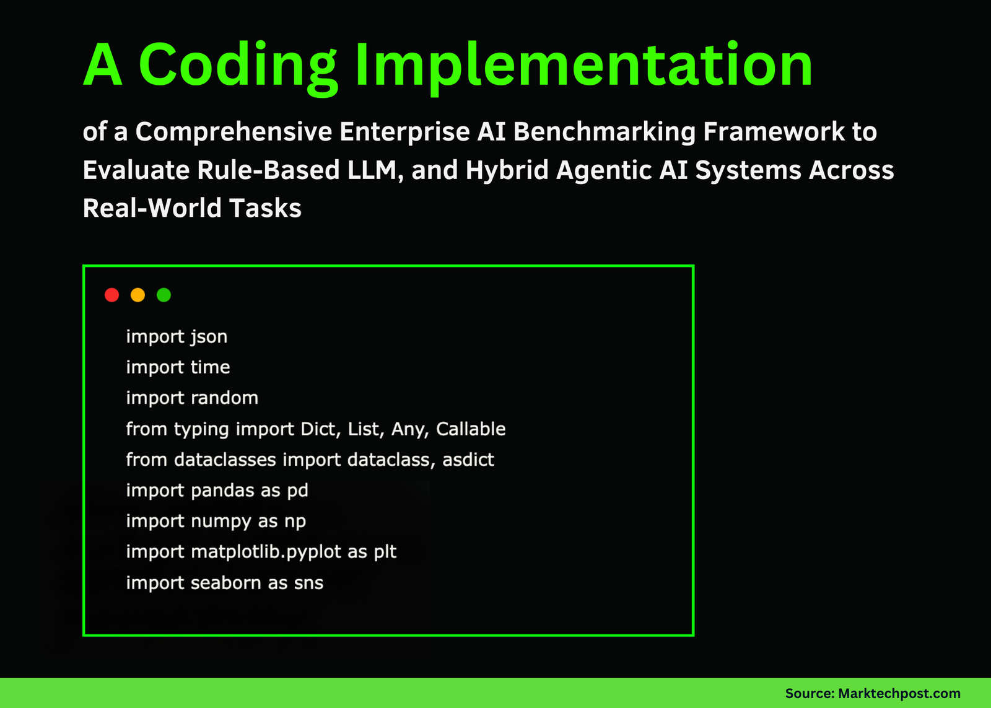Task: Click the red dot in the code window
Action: (112, 295)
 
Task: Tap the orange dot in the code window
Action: (138, 295)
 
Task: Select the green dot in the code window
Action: (164, 295)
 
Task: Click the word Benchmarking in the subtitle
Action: (605, 132)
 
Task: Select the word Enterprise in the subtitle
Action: (404, 133)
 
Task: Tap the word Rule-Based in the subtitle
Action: (268, 170)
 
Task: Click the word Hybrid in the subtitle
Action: (507, 171)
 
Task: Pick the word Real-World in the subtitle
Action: (152, 208)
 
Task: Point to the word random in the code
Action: (224, 398)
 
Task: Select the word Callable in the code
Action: (471, 429)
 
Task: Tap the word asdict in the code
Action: (468, 460)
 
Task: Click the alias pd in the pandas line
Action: (298, 491)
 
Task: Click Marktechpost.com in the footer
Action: (899, 693)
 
